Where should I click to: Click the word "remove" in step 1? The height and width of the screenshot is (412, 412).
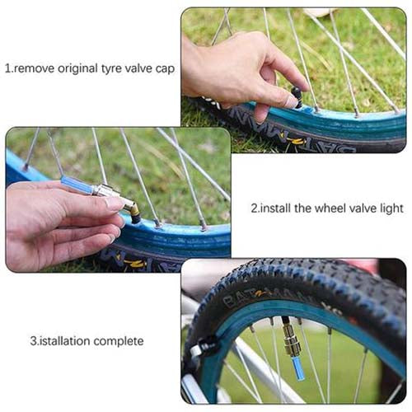pyautogui.click(x=34, y=68)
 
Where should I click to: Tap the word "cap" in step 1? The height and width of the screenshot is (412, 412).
pyautogui.click(x=165, y=69)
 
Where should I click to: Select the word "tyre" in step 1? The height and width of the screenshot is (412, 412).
pyautogui.click(x=111, y=68)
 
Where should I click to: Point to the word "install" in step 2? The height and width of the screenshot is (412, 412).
pyautogui.click(x=275, y=208)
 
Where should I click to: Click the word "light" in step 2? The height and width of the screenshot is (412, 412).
pyautogui.click(x=391, y=208)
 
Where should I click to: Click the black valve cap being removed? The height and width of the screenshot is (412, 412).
pyautogui.click(x=297, y=96)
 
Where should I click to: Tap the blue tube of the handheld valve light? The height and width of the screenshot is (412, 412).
pyautogui.click(x=77, y=185)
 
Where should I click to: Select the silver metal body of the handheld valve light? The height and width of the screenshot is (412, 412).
pyautogui.click(x=106, y=191)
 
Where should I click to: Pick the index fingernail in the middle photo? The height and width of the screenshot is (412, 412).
pyautogui.click(x=115, y=204)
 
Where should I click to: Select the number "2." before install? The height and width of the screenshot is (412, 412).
pyautogui.click(x=255, y=208)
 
